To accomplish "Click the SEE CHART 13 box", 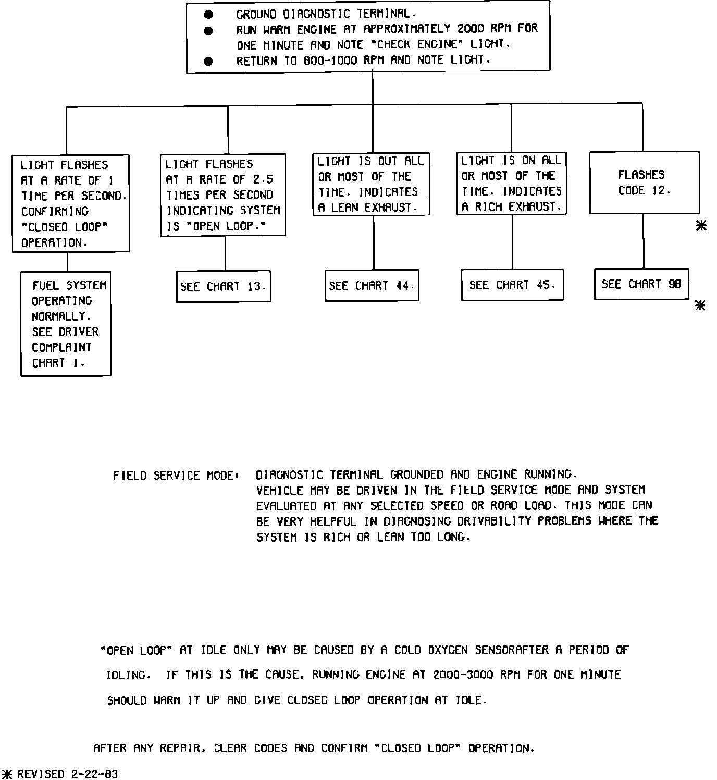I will pos(224,286).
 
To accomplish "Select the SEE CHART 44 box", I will pos(372,285).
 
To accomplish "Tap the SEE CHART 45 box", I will pos(512,285).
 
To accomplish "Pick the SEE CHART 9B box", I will pos(641,284).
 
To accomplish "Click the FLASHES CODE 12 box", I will pos(644,182).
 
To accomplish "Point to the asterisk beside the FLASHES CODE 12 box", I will pos(701,225).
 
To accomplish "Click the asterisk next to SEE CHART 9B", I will pos(701,306).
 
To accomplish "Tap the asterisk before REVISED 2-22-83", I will pos(8,774).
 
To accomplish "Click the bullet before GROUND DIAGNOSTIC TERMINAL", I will pos(208,15).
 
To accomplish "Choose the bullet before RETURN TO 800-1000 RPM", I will pos(208,62).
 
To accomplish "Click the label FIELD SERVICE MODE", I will pos(175,476).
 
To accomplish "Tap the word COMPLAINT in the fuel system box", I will pos(61,347).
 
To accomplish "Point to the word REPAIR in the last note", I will pos(179,748).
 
